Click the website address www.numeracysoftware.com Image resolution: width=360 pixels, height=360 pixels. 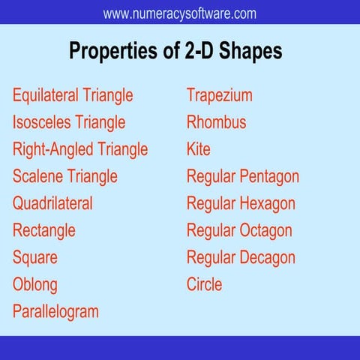pyautogui.click(x=179, y=13)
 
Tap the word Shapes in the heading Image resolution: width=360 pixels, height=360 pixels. pyautogui.click(x=250, y=51)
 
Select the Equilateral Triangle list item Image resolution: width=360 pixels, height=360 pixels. pyautogui.click(x=73, y=96)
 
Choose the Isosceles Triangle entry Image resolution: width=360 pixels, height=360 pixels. pyautogui.click(x=69, y=122)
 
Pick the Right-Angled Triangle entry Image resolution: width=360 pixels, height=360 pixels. pyautogui.click(x=80, y=149)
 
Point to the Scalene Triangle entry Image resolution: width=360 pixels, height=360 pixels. pyautogui.click(x=65, y=176)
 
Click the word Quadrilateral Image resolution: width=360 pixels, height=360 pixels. pyautogui.click(x=52, y=203)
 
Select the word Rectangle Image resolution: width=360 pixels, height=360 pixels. pyautogui.click(x=44, y=230)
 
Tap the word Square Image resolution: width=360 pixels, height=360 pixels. pyautogui.click(x=35, y=257)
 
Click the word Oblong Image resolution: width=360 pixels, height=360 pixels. pyautogui.click(x=34, y=284)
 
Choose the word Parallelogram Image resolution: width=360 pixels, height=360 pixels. pyautogui.click(x=55, y=311)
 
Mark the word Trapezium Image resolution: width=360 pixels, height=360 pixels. pyautogui.click(x=219, y=96)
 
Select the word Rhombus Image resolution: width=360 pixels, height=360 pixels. pyautogui.click(x=216, y=122)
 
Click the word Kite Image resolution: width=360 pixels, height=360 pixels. pyautogui.click(x=199, y=149)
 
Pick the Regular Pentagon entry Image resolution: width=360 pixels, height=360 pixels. pyautogui.click(x=243, y=176)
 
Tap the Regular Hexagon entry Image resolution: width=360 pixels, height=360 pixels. pyautogui.click(x=241, y=203)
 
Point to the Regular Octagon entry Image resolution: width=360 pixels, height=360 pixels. pyautogui.click(x=239, y=230)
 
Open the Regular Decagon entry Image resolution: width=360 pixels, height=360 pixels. pyautogui.click(x=241, y=257)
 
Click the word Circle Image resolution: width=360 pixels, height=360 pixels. pyautogui.click(x=204, y=284)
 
